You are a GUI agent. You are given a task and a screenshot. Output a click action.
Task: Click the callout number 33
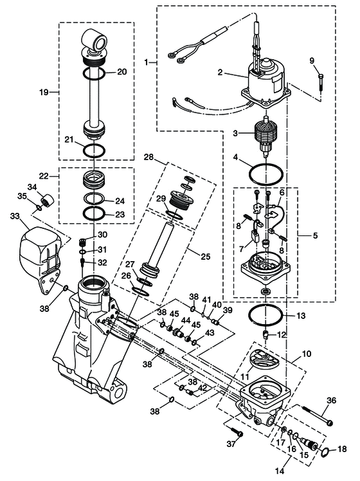pyautogui.click(x=15, y=216)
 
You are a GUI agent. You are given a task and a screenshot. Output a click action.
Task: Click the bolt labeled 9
pyautogui.click(x=321, y=82)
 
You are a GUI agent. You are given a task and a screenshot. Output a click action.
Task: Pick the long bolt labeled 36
pyautogui.click(x=318, y=415)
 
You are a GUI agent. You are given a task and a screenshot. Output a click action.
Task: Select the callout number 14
pyautogui.click(x=280, y=470)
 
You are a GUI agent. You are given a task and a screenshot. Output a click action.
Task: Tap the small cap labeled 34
pyautogui.click(x=48, y=200)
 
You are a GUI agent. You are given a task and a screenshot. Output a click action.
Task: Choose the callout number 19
pyautogui.click(x=44, y=92)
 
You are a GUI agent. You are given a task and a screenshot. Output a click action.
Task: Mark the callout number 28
pyautogui.click(x=148, y=158)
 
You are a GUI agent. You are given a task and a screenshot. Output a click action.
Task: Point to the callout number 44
pyautogui.click(x=185, y=320)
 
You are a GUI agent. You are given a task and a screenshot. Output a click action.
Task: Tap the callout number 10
pyautogui.click(x=307, y=354)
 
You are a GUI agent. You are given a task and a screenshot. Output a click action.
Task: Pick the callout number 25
pyautogui.click(x=206, y=256)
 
